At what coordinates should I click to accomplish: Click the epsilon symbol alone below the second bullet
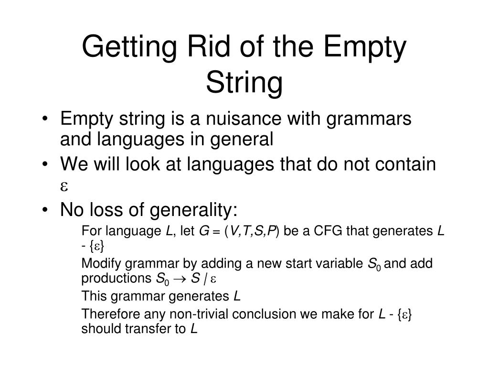(x=64, y=186)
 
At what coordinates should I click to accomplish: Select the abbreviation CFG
(x=329, y=231)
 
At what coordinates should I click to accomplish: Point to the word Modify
(x=98, y=264)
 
